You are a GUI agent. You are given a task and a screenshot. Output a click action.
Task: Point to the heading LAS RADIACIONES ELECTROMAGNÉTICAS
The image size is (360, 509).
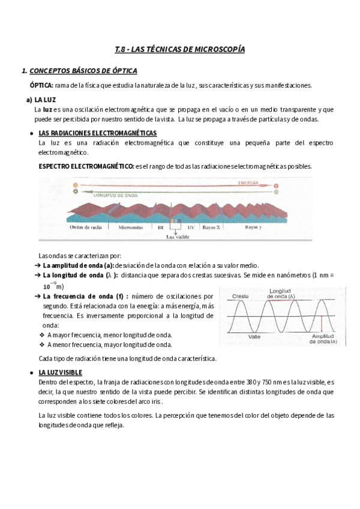click(x=97, y=133)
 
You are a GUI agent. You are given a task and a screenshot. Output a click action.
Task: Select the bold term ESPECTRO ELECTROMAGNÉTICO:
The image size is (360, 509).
click(x=86, y=166)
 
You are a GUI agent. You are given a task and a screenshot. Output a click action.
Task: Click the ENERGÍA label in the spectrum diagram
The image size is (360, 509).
click(x=248, y=182)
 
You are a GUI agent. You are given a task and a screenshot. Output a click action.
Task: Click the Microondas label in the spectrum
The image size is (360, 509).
click(x=131, y=228)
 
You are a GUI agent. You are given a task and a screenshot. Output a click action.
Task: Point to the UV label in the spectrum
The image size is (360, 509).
click(x=191, y=228)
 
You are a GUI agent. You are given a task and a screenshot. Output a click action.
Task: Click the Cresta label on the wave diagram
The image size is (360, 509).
click(x=240, y=297)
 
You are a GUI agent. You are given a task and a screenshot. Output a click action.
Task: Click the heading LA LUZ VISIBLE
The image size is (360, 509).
click(x=64, y=373)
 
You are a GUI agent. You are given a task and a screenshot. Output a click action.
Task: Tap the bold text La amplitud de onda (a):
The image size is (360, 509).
click(x=78, y=265)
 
